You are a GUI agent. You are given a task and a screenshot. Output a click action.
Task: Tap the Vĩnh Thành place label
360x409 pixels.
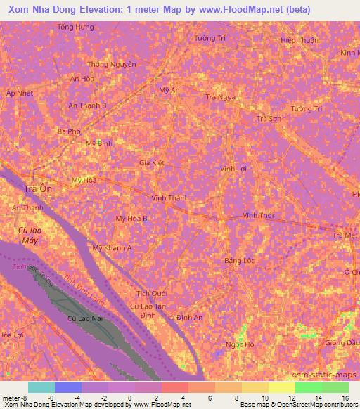(169, 198)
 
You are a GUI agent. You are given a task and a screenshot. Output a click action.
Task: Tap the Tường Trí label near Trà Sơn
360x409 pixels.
(307, 109)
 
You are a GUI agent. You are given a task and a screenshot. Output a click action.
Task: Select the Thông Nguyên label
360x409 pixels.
(111, 64)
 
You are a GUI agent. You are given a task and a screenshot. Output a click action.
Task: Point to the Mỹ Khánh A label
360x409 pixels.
(112, 248)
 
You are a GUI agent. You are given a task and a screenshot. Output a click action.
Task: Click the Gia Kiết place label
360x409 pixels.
(151, 162)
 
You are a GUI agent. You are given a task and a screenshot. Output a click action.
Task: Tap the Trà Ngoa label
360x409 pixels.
(220, 97)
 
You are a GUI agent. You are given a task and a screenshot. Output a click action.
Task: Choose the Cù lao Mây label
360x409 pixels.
(29, 235)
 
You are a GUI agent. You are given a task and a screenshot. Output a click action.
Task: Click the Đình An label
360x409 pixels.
(190, 318)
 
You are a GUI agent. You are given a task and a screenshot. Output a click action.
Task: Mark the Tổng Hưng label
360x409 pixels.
(75, 27)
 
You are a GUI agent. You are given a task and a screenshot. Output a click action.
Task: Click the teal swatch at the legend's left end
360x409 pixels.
(41, 387)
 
